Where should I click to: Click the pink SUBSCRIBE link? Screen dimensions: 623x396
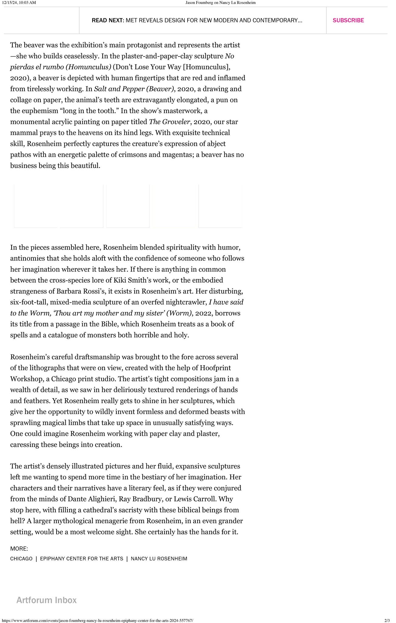coord(348,20)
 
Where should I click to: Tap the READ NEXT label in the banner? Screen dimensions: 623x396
coord(108,20)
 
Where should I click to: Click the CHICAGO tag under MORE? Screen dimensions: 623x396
coord(21,559)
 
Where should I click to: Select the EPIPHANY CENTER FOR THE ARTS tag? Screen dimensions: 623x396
coord(81,559)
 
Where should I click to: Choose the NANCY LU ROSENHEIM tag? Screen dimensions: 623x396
coord(159,559)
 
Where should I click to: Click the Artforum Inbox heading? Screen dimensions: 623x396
coord(46,600)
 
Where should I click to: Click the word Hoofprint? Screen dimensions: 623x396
coord(215,368)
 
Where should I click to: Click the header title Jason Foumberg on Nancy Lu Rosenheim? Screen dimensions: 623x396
coord(220,3)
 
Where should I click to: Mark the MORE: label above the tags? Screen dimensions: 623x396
coord(19,548)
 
